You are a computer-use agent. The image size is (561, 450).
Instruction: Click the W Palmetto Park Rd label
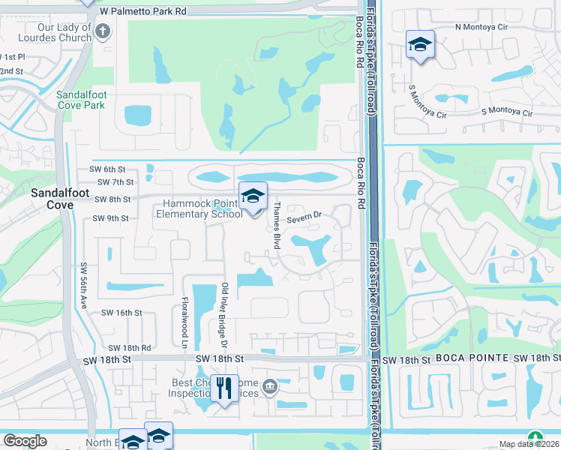coord(142,12)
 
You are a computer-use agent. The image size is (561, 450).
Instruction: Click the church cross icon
coord(103,31)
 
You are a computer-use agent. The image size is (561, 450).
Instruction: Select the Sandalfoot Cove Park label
coord(80,100)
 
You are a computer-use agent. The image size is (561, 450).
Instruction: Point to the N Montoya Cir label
coord(481,27)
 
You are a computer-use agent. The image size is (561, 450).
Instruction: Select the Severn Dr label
coord(304,216)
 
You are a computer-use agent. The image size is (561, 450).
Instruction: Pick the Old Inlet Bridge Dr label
coord(224,315)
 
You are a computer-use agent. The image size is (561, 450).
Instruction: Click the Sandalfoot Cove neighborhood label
coord(52,199)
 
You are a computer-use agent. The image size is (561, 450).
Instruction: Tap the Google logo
coord(25,441)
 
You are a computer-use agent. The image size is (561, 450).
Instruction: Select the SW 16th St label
coord(116,312)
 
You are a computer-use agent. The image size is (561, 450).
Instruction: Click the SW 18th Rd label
coord(130,348)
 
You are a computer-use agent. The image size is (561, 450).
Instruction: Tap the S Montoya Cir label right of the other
coord(506,113)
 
